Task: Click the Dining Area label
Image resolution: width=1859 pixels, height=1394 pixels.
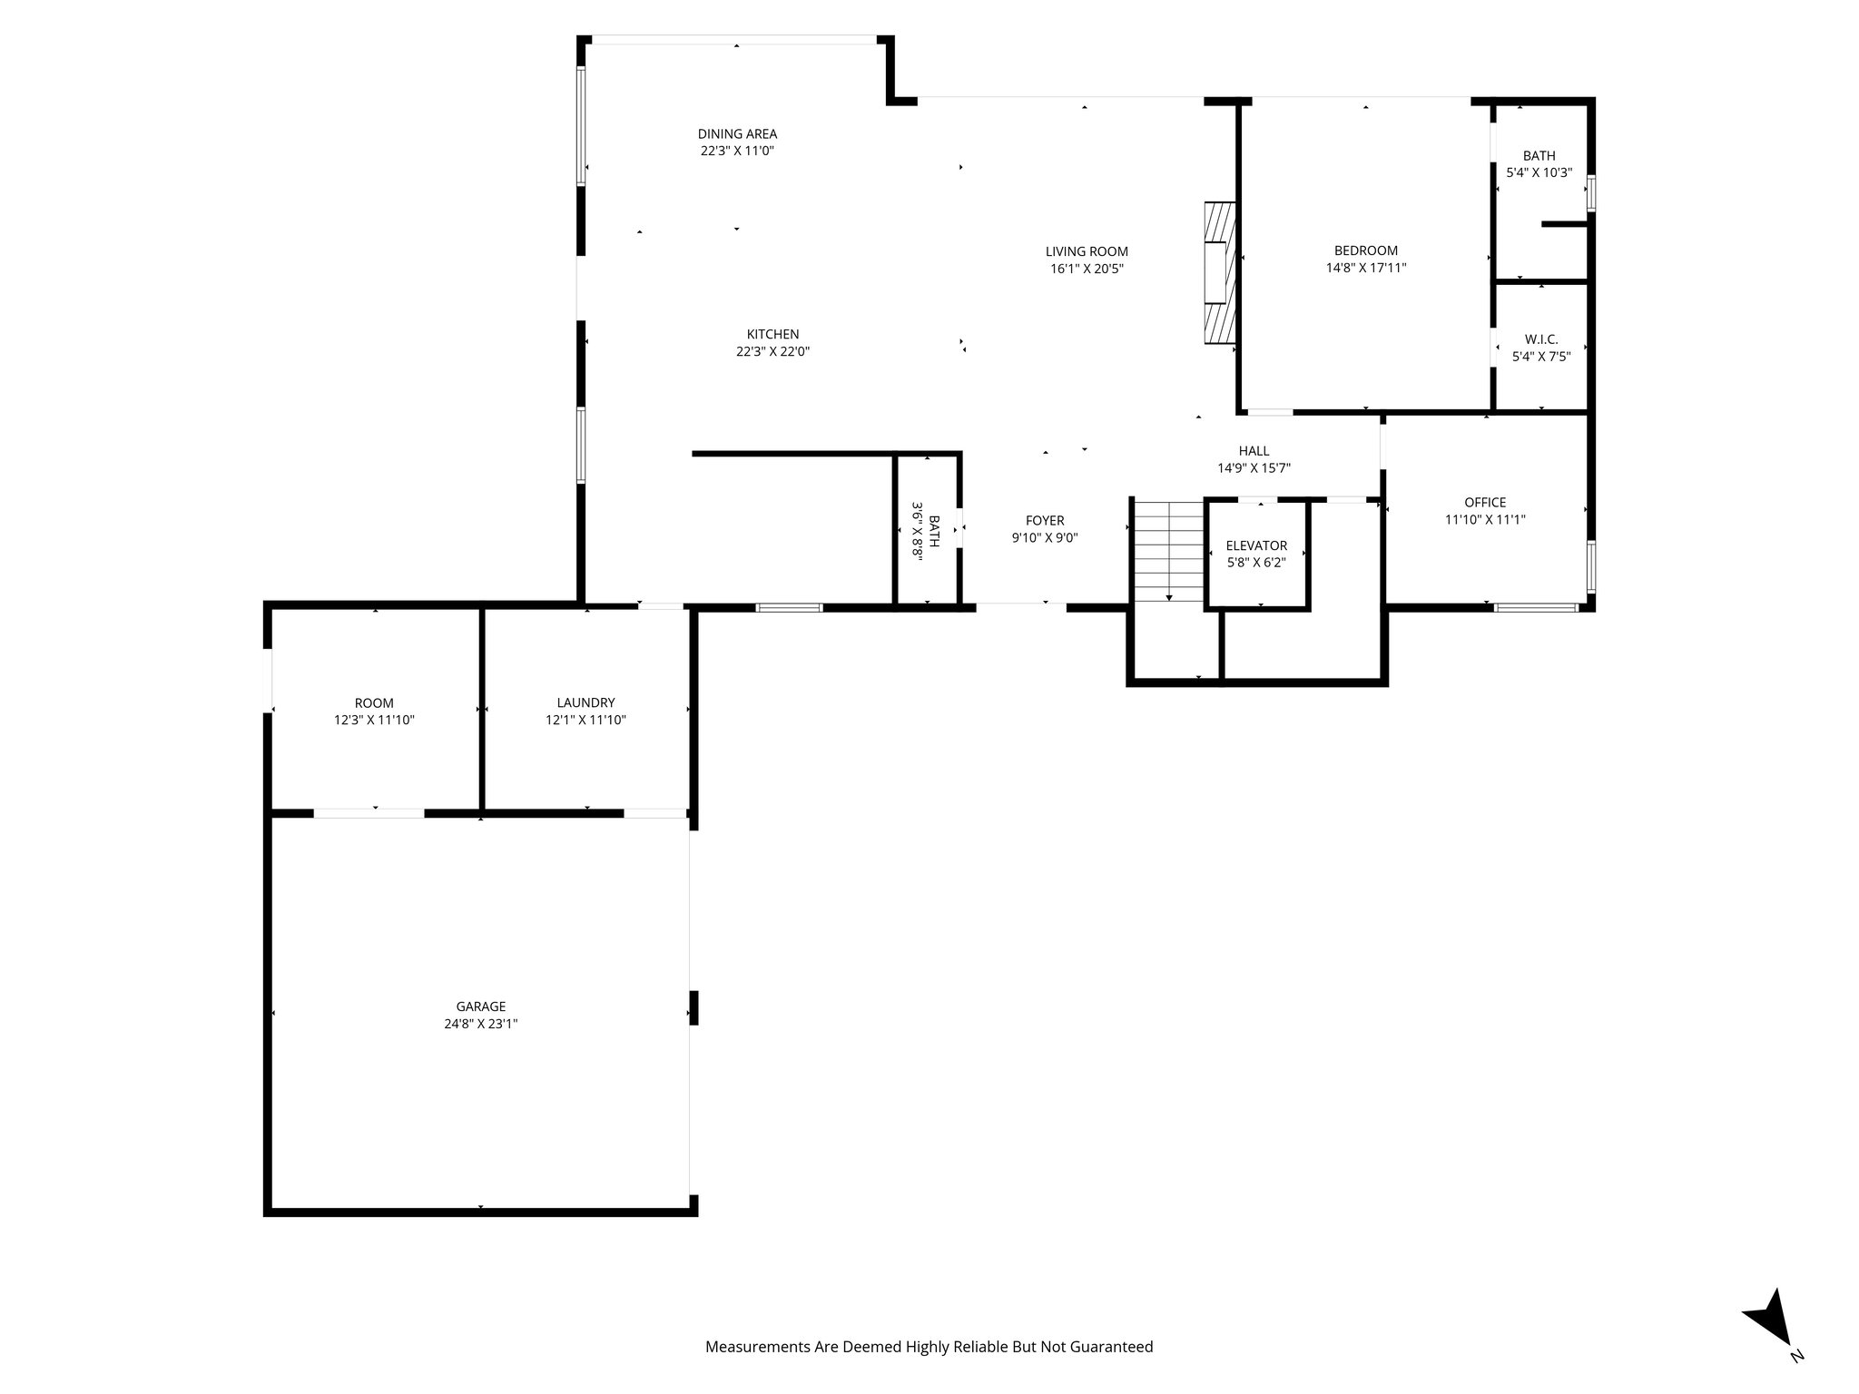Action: [737, 134]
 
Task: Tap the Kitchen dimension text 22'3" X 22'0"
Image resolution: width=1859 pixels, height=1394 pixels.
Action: [772, 351]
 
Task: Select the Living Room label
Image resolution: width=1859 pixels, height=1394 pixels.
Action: [1087, 251]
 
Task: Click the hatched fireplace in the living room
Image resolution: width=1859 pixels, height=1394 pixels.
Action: [1220, 273]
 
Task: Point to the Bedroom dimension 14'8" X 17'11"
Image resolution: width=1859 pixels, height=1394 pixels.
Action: [1365, 268]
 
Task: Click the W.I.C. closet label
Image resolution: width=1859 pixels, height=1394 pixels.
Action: [1541, 339]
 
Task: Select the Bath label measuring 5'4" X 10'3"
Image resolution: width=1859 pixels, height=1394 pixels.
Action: [1539, 156]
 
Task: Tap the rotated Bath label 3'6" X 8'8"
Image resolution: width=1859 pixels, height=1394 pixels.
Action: [927, 531]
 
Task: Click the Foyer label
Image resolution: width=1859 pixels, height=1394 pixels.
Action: [1045, 520]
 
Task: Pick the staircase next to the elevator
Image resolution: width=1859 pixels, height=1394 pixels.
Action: [1168, 552]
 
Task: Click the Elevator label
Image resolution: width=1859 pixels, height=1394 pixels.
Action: [1256, 545]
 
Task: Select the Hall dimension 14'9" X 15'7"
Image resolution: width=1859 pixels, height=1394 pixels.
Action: [1254, 468]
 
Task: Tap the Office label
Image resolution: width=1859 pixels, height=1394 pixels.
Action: [1485, 502]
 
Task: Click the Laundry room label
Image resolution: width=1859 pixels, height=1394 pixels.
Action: [585, 702]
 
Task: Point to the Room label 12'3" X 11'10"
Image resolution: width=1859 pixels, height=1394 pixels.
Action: [374, 702]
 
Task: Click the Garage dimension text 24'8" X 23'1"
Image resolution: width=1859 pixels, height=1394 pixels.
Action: [480, 1024]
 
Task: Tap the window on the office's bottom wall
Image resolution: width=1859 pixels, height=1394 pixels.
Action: [1536, 608]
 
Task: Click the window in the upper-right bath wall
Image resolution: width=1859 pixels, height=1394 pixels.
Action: [1590, 193]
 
